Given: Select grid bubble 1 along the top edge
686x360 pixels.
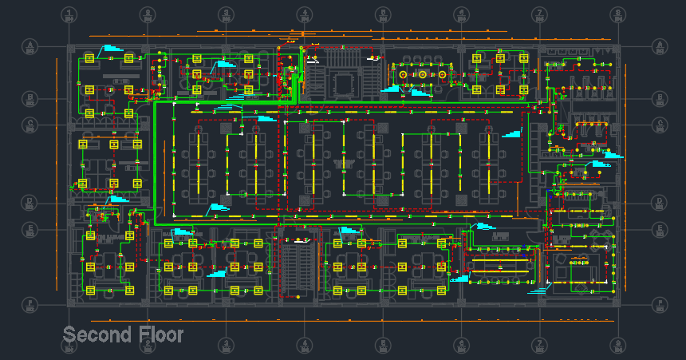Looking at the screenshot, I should tap(69, 14).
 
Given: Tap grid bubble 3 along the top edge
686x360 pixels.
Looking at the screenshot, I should tap(226, 14).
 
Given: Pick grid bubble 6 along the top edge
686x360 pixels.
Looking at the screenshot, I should tap(461, 14).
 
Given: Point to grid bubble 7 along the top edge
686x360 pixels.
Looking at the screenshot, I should tap(540, 14).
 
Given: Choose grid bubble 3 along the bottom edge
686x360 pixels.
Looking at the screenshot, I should tap(226, 345).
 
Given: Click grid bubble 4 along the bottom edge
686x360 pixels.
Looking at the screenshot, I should tap(304, 345).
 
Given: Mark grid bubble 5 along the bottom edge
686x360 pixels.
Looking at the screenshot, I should tap(383, 345).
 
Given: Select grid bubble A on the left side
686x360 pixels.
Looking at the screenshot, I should tap(30, 45).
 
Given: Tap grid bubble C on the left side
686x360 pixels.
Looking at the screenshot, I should tap(30, 125).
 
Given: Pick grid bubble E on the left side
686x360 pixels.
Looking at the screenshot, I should tap(30, 229).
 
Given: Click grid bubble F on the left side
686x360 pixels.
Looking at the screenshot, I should tap(30, 303).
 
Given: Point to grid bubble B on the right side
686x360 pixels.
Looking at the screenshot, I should tap(660, 98).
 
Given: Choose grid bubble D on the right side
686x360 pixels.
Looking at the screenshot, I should tap(660, 202).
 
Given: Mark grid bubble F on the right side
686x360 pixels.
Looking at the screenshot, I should tap(660, 303).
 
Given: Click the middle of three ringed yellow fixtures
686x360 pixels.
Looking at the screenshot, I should tap(423, 75).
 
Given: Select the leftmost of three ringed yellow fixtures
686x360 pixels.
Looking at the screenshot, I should tap(404, 75).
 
